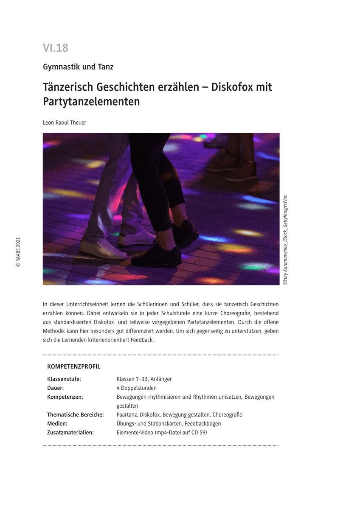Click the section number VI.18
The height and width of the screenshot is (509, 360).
pyautogui.click(x=55, y=48)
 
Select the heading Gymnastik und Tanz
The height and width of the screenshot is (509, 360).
pyautogui.click(x=78, y=67)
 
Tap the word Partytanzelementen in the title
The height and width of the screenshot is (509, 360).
pyautogui.click(x=91, y=102)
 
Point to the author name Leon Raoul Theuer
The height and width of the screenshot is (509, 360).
pyautogui.click(x=65, y=123)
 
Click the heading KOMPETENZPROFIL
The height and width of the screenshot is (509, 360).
pyautogui.click(x=73, y=366)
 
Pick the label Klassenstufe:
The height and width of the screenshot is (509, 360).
pyautogui.click(x=64, y=379)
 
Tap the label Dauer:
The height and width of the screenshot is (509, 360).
pyautogui.click(x=56, y=388)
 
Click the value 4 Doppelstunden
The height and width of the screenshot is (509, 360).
pyautogui.click(x=136, y=388)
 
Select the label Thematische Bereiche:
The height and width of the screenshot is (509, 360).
pyautogui.click(x=76, y=414)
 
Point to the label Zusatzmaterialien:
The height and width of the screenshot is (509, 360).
pyautogui.click(x=70, y=432)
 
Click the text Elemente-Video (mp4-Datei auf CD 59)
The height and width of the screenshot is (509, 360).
pyautogui.click(x=162, y=432)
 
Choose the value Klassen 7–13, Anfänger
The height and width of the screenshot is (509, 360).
pyautogui.click(x=144, y=379)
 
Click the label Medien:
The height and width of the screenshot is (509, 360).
pyautogui.click(x=57, y=423)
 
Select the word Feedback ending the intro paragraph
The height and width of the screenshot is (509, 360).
pyautogui.click(x=143, y=340)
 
